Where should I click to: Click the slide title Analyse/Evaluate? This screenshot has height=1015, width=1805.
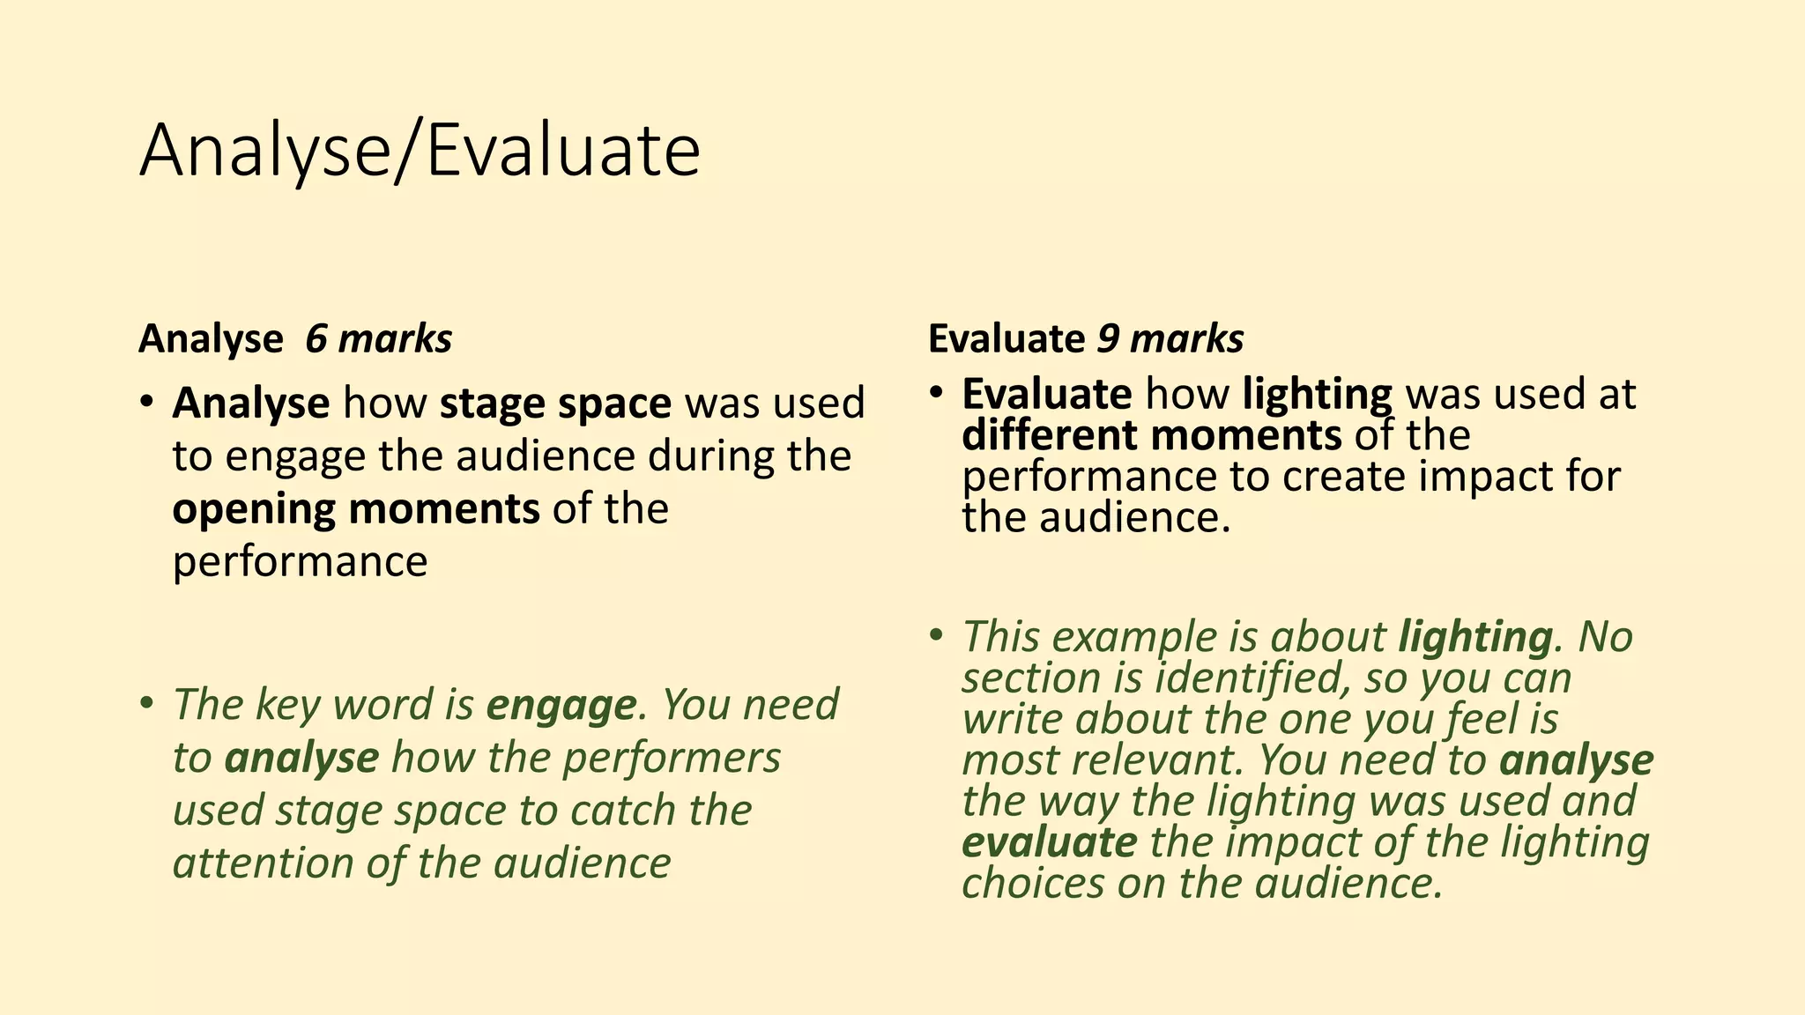[x=420, y=152]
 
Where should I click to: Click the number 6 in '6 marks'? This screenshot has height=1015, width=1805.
[x=316, y=339]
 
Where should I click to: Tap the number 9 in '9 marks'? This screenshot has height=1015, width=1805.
[x=1106, y=339]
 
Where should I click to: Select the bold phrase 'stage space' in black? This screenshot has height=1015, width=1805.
[x=555, y=404]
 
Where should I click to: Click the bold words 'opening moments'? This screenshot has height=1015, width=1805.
[x=355, y=509]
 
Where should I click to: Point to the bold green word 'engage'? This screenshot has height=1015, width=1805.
[x=561, y=705]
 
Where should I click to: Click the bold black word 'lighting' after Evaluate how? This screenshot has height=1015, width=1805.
[x=1317, y=394]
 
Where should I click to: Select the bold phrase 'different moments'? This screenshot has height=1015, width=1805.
[x=1151, y=435]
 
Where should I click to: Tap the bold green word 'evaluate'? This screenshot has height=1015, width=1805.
[x=1049, y=842]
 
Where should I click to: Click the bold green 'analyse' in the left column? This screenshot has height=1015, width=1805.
[x=301, y=758]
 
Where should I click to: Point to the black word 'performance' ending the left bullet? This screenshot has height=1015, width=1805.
[x=300, y=562]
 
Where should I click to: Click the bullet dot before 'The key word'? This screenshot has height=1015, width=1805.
[x=147, y=703]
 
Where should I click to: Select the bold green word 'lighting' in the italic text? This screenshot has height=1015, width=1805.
[x=1474, y=637]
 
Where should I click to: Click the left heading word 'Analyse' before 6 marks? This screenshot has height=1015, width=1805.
[x=211, y=339]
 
